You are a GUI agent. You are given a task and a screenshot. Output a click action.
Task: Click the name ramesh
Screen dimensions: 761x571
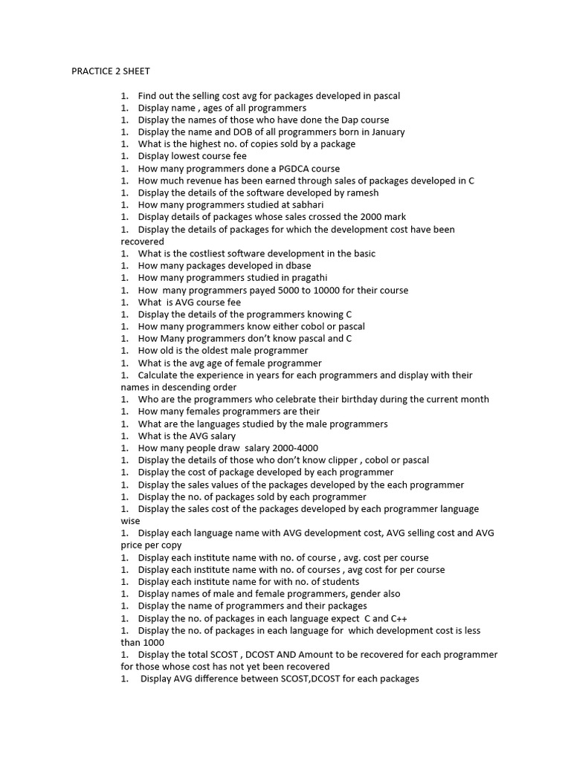pyautogui.click(x=361, y=193)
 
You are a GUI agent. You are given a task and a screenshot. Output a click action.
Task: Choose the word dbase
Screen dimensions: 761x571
pyautogui.click(x=295, y=266)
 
